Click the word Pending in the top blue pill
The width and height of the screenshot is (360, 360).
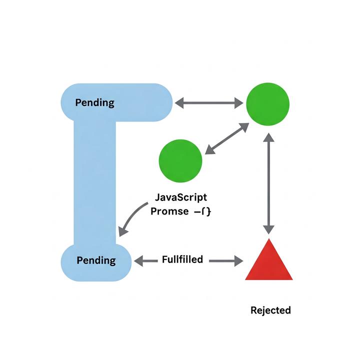[94, 103]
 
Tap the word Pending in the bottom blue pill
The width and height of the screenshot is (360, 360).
[96, 260]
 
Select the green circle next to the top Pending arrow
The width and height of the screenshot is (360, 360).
[267, 104]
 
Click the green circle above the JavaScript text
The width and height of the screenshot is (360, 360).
[180, 160]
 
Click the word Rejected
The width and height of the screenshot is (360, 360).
[270, 310]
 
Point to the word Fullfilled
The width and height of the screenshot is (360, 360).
[182, 259]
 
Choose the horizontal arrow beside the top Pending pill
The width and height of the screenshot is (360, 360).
[209, 103]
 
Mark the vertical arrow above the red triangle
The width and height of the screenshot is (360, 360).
[269, 183]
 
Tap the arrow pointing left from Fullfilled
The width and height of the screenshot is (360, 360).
[145, 260]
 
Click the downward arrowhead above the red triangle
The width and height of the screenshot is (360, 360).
[269, 228]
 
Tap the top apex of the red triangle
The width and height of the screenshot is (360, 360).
[269, 240]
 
